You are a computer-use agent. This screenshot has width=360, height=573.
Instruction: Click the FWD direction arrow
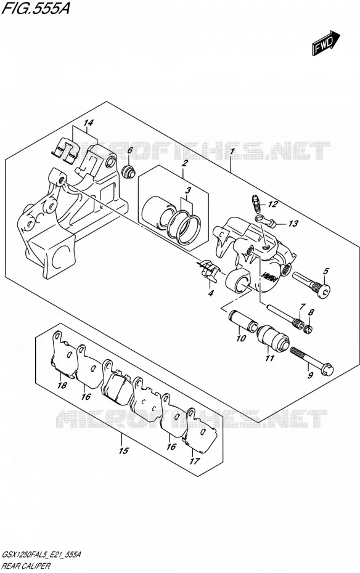pyautogui.click(x=325, y=43)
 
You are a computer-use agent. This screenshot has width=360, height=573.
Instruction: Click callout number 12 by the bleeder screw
pyautogui.click(x=272, y=204)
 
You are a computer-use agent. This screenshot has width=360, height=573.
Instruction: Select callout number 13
pyautogui.click(x=293, y=223)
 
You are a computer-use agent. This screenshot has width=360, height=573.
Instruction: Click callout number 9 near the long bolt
pyautogui.click(x=310, y=375)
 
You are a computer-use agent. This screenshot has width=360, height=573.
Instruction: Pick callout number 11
pyautogui.click(x=269, y=358)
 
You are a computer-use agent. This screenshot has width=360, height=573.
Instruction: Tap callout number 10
pyautogui.click(x=241, y=338)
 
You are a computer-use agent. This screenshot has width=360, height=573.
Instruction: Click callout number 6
pyautogui.click(x=129, y=150)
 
